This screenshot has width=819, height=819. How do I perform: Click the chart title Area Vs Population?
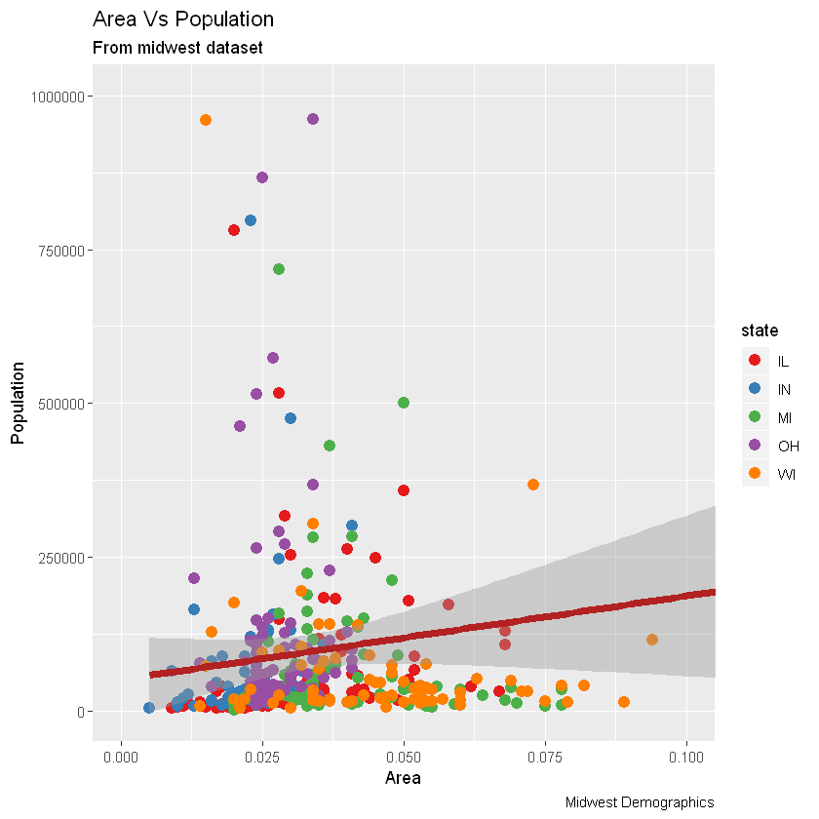pyautogui.click(x=182, y=19)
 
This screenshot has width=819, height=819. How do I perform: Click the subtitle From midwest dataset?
pyautogui.click(x=177, y=48)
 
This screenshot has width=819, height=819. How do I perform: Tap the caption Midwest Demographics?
pyautogui.click(x=640, y=801)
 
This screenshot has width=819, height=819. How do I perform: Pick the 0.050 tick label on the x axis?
pyautogui.click(x=404, y=757)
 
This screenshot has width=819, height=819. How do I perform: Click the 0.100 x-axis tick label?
pyautogui.click(x=685, y=757)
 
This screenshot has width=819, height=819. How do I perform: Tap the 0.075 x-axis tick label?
pyautogui.click(x=545, y=757)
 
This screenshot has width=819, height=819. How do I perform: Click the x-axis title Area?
pyautogui.click(x=404, y=778)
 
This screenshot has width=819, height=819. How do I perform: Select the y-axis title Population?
pyautogui.click(x=18, y=404)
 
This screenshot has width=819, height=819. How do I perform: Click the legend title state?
pyautogui.click(x=760, y=331)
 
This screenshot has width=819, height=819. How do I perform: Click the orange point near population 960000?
pyautogui.click(x=206, y=120)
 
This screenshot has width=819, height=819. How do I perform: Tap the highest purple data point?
pyautogui.click(x=313, y=119)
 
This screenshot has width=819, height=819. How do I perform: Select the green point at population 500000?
pyautogui.click(x=404, y=403)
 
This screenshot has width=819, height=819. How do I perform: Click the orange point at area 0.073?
pyautogui.click(x=533, y=485)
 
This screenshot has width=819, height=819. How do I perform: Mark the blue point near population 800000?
pyautogui.click(x=251, y=220)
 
